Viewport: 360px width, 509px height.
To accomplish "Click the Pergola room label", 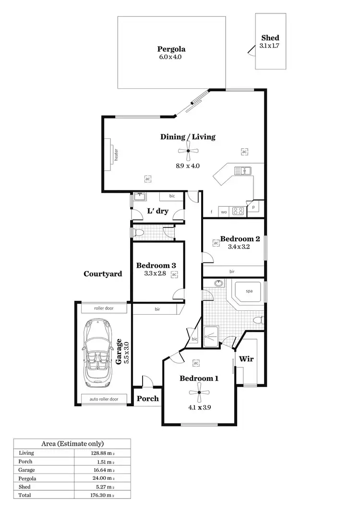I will click(x=171, y=48).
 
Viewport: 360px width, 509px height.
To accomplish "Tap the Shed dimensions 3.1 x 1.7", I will click(x=270, y=46).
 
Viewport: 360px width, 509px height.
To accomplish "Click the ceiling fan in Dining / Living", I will click(x=188, y=151).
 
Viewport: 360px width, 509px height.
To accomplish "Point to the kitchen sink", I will click(x=242, y=170).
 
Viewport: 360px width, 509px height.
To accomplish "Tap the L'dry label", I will click(x=157, y=211).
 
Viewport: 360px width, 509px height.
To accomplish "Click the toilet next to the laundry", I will click(x=139, y=233).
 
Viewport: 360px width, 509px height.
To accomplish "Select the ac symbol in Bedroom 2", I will click(x=216, y=243).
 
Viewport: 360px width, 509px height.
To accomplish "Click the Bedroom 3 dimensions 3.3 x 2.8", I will click(x=156, y=274).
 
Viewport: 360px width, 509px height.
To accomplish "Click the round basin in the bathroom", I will click(x=219, y=284).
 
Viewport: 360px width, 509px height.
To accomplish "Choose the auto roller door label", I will click(x=104, y=399).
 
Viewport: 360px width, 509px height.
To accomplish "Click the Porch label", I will click(x=147, y=399).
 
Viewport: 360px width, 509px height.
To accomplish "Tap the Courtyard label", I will click(x=103, y=274).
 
